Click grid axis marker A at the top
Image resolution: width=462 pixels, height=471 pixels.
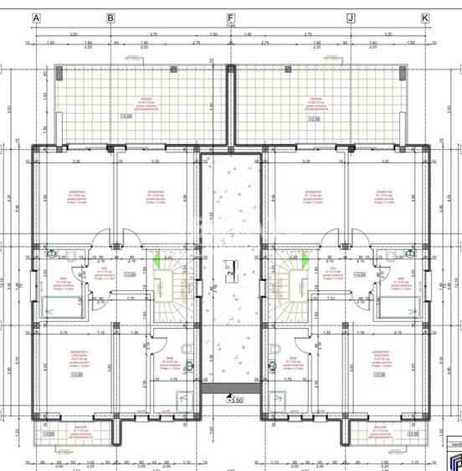pos(35,18)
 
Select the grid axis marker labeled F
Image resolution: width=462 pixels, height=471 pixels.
pos(230,18)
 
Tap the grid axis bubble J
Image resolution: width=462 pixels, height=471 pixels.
pos(351,18)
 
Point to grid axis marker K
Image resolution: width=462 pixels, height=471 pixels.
pos(424,18)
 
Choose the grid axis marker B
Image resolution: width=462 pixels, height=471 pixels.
pos(110,18)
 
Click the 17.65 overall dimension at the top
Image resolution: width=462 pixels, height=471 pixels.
pos(230,26)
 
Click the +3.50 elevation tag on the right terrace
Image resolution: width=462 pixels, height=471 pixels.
pos(314,118)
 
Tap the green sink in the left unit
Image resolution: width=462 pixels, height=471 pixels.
pos(52,252)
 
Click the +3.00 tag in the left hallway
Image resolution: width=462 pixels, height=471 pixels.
pos(131,274)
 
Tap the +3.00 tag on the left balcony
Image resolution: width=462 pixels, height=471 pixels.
pos(49,434)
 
